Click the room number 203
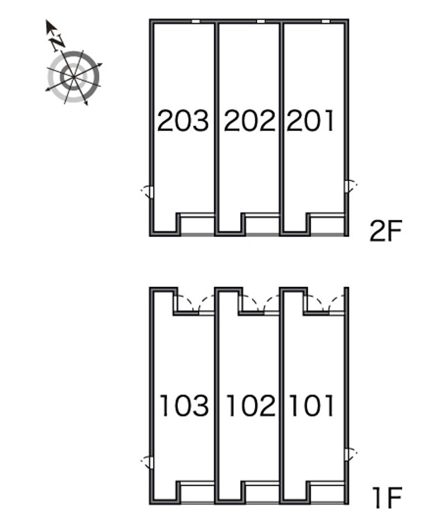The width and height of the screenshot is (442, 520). coord(183,121)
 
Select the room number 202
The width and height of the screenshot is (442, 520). coord(249,121)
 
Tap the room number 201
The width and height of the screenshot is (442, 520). coord(311,121)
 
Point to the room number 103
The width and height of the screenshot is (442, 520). coord(184,405)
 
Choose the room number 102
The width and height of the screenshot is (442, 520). coord(250,405)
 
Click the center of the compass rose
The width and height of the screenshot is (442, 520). coord(73,76)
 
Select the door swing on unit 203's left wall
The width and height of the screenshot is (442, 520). coord(147,191)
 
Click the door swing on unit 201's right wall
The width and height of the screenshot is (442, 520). coord(350,186)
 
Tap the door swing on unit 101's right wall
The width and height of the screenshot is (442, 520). coord(350,455)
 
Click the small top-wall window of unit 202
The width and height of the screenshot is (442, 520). coord(261,21)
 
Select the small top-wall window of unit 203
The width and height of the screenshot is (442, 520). coord(196,21)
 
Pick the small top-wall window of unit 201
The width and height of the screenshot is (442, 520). coord(326,21)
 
